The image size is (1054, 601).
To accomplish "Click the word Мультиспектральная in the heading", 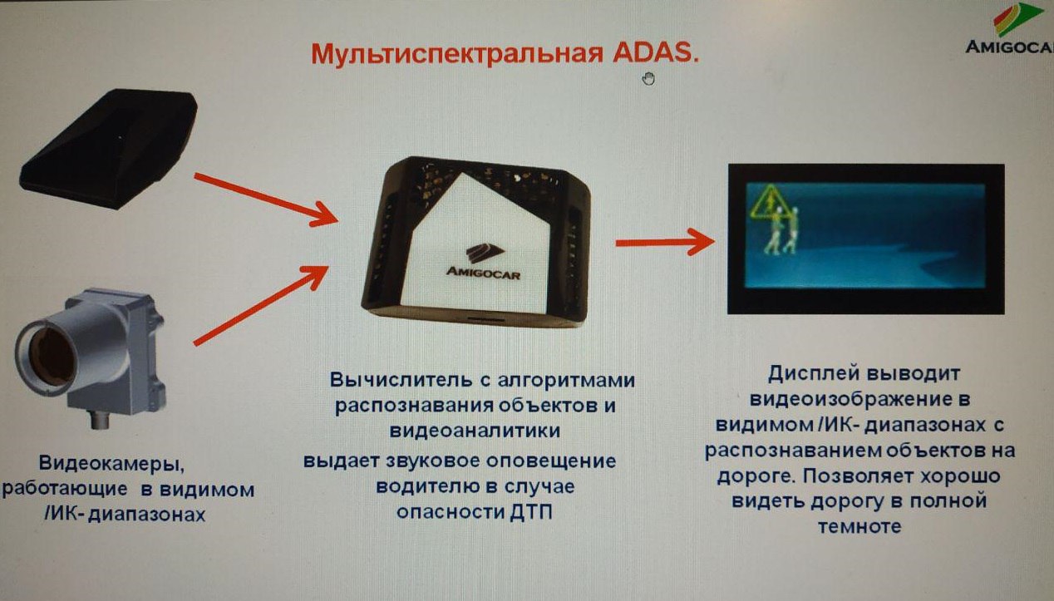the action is pyautogui.click(x=457, y=54).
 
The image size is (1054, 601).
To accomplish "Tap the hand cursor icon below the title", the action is pyautogui.click(x=648, y=79).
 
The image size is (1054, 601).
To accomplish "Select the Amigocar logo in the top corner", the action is pyautogui.click(x=1010, y=28).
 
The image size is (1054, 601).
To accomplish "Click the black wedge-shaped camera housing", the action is pyautogui.click(x=109, y=149).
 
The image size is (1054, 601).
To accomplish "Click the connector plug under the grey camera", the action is pyautogui.click(x=100, y=420).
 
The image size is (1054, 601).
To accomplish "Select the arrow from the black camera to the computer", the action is pyautogui.click(x=266, y=200).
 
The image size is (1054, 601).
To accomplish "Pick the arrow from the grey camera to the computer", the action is pyautogui.click(x=261, y=305).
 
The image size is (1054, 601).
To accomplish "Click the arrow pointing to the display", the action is pyautogui.click(x=665, y=243).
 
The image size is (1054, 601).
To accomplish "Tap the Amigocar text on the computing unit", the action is pyautogui.click(x=483, y=273).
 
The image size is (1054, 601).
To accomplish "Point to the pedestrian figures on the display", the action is pyautogui.click(x=781, y=230).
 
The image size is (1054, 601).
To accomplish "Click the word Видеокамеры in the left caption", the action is pyautogui.click(x=111, y=464).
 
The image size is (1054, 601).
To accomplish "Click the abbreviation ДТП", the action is pyautogui.click(x=531, y=512).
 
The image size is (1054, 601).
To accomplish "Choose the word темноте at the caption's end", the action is pyautogui.click(x=859, y=527).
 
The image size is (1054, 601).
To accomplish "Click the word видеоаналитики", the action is pyautogui.click(x=475, y=431).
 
